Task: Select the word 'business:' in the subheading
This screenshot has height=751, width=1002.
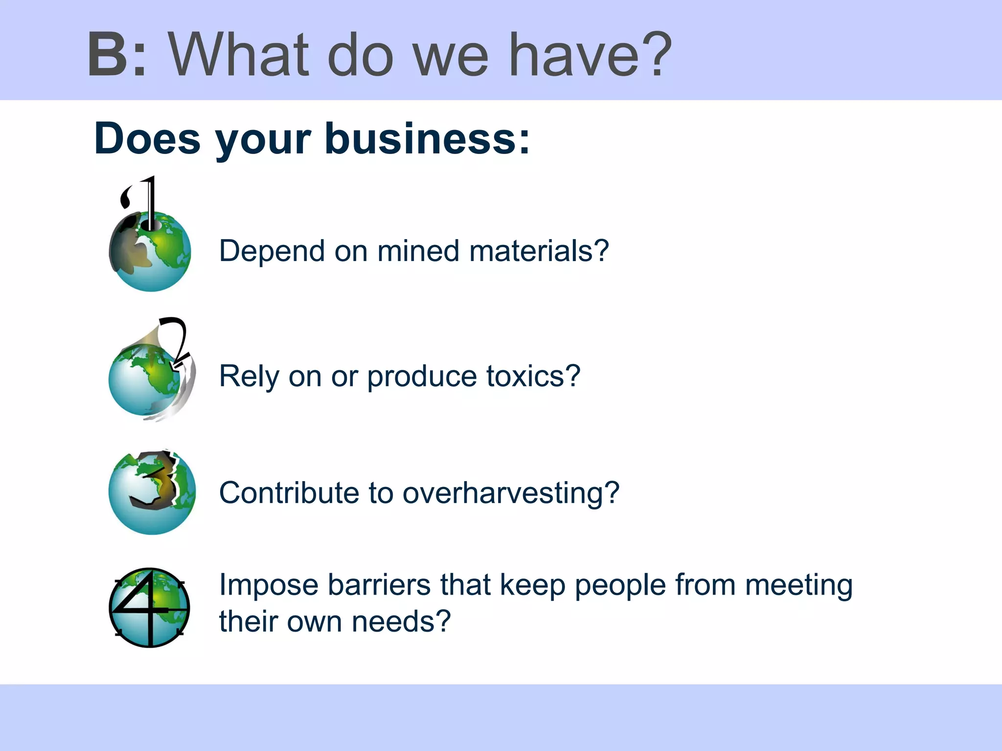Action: pos(427,139)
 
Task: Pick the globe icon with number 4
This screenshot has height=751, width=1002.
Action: pos(149,608)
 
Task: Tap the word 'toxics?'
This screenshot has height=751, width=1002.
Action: pos(533,376)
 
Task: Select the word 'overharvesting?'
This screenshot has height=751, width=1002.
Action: pos(511,493)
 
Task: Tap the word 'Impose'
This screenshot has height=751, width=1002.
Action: pos(269,585)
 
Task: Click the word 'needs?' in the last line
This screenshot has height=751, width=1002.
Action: pos(401,621)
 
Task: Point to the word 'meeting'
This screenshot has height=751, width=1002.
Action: pos(798,585)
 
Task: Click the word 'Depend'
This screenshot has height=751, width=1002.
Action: pos(272,251)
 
